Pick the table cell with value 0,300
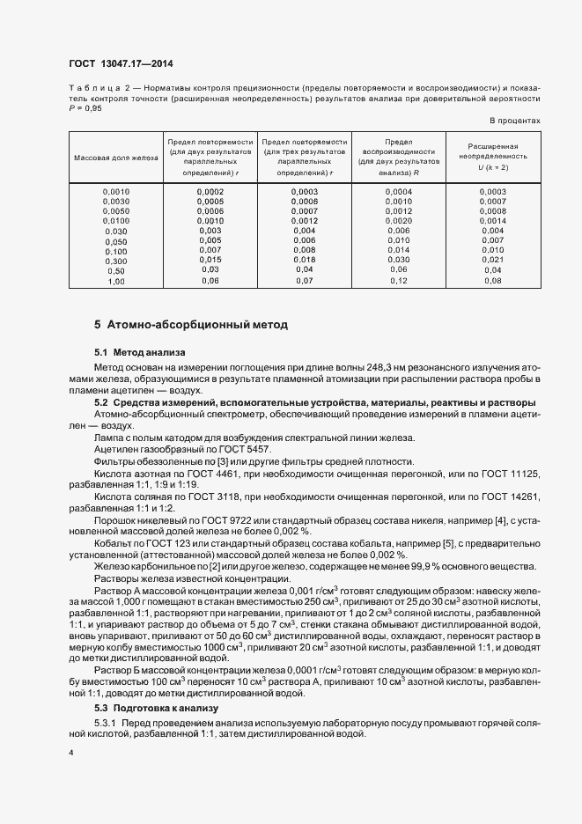click(115, 261)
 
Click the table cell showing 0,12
click(399, 281)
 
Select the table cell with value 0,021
click(492, 261)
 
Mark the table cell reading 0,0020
click(399, 221)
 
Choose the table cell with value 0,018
click(304, 261)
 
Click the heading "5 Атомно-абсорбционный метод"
click(191, 325)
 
